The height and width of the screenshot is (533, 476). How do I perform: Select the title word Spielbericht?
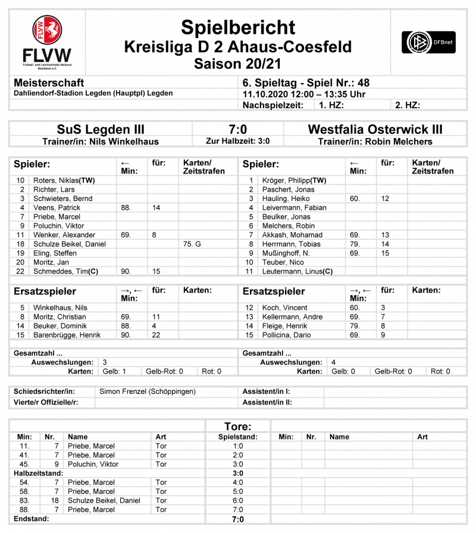click(x=238, y=27)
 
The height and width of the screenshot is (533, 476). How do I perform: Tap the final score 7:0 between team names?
click(x=237, y=130)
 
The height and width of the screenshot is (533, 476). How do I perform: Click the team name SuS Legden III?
click(x=101, y=130)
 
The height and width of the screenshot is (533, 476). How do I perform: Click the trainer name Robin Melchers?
click(x=399, y=142)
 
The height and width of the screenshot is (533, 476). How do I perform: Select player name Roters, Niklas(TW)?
click(x=64, y=180)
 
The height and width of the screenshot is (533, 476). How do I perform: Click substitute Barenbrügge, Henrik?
click(x=67, y=335)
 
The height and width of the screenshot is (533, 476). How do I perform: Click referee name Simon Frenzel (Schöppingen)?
click(x=148, y=391)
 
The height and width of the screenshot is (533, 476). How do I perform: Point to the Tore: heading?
click(x=237, y=427)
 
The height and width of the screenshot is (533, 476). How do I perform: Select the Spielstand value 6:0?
click(x=237, y=500)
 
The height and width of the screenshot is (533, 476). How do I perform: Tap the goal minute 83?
click(x=24, y=500)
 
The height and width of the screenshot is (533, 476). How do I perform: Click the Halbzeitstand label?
click(x=39, y=473)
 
